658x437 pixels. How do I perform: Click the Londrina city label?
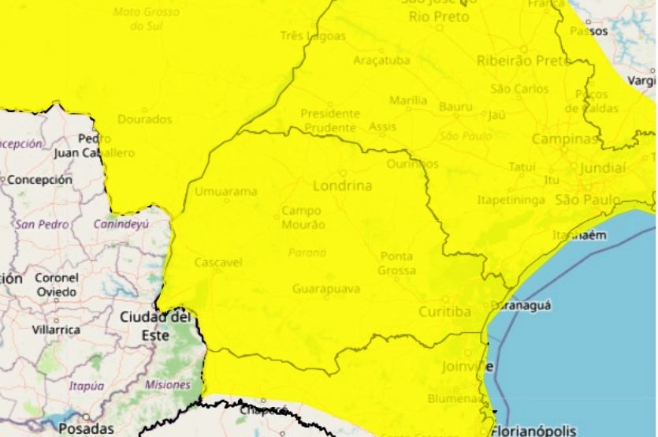coord(343,186)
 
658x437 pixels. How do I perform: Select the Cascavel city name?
coord(217,262)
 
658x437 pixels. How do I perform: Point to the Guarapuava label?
coord(326,289)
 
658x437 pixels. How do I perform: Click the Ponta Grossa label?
coord(397,263)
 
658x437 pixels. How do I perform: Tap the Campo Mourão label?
coord(303,218)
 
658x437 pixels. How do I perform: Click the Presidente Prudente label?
coord(330,119)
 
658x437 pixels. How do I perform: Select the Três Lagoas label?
coord(313,36)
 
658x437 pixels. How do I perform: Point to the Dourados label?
coord(144,119)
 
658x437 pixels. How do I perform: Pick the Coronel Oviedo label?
coord(56,285)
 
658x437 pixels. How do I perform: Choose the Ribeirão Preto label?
coord(524,60)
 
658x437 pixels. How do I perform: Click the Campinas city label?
coord(564,139)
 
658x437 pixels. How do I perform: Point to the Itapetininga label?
coord(511,200)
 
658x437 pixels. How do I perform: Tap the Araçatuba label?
coord(381,60)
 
